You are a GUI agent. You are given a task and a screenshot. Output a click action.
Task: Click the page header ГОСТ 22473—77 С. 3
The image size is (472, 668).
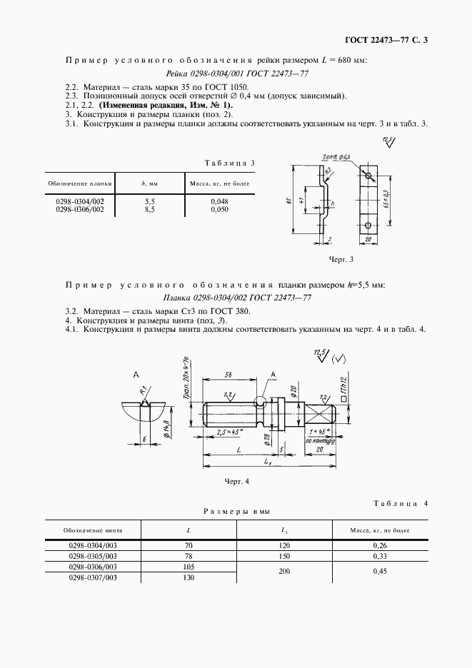click(386, 40)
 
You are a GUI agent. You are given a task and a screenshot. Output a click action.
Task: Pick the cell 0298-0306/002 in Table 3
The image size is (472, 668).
click(80, 210)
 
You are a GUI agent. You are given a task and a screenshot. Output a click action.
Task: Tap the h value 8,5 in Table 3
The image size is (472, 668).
click(150, 210)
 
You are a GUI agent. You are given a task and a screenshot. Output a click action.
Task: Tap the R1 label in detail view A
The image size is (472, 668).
click(144, 392)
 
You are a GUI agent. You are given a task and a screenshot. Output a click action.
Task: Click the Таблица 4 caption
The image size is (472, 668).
click(400, 504)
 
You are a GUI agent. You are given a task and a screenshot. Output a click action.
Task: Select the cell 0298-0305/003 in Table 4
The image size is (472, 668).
click(92, 556)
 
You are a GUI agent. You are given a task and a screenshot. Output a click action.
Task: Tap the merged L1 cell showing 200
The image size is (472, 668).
click(283, 571)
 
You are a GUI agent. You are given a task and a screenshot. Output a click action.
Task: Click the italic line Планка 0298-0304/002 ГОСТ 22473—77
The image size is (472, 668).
click(236, 297)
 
